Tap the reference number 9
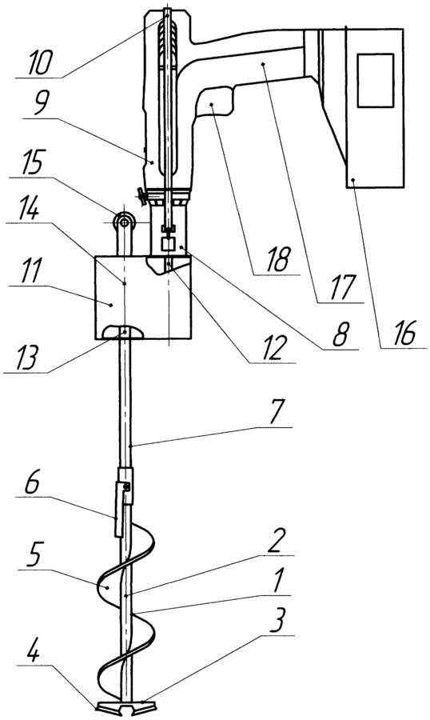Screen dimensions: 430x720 coord(41,105)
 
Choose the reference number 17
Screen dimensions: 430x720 coord(342,287)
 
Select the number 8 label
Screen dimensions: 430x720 coord(341,334)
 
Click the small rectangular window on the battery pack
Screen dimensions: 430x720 coord(376,80)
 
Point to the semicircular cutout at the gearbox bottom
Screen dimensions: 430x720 coord(124,332)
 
